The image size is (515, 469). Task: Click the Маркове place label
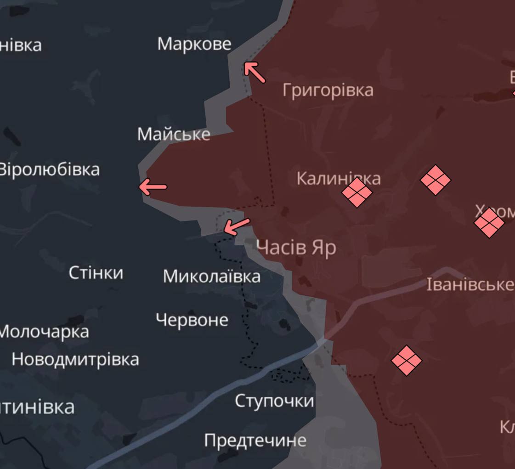click(x=194, y=44)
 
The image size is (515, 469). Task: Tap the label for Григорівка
click(x=328, y=90)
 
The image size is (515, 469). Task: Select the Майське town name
click(x=174, y=134)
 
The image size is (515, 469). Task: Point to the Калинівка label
click(x=338, y=178)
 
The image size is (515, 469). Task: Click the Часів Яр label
click(x=296, y=248)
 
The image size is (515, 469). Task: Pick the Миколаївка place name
click(x=211, y=276)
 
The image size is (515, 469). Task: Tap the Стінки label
click(x=96, y=273)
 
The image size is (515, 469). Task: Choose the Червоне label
click(x=192, y=320)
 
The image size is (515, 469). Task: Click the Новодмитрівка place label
click(x=75, y=359)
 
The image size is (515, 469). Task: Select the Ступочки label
click(x=274, y=401)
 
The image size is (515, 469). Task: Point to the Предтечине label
click(x=255, y=440)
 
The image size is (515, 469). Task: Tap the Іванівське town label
click(x=470, y=285)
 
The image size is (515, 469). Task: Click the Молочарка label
click(x=44, y=332)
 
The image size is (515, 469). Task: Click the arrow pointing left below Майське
click(x=153, y=187)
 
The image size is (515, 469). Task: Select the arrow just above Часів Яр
click(x=237, y=226)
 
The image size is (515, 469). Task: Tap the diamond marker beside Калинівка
click(x=357, y=192)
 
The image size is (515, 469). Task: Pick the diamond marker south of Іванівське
click(x=407, y=361)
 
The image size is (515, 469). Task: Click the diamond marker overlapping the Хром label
click(x=489, y=223)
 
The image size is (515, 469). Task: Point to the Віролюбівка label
click(x=49, y=170)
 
